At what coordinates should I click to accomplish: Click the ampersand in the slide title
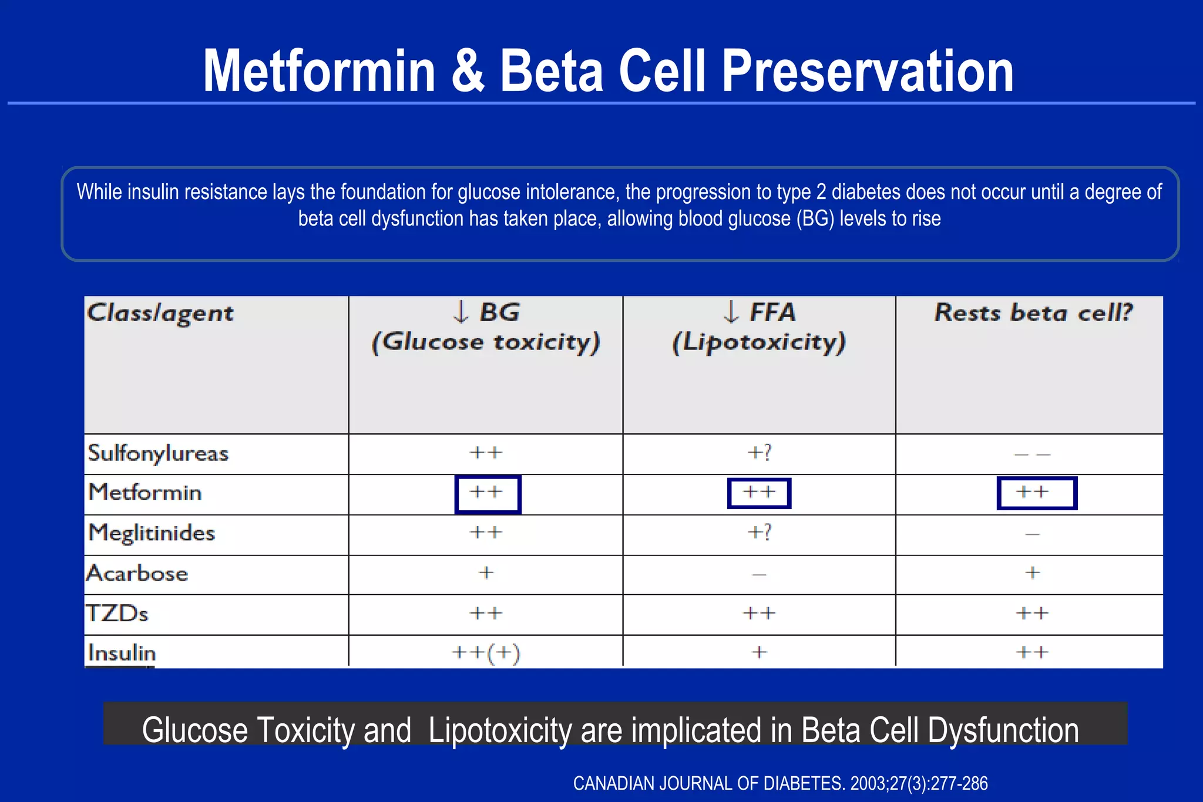468,72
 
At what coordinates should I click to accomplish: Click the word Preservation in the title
867,72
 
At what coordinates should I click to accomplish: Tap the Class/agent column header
160,314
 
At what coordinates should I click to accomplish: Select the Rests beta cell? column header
1033,312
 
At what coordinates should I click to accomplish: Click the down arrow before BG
461,312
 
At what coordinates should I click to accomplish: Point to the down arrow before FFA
731,312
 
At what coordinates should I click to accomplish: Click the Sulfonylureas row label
157,454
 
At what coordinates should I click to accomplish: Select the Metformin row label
145,493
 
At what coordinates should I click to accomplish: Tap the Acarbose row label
137,573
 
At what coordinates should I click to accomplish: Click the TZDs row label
117,614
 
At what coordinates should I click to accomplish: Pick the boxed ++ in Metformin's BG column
487,493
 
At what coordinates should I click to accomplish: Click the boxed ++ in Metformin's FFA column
759,493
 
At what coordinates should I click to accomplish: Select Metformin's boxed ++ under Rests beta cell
1036,493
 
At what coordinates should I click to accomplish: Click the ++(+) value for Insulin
486,653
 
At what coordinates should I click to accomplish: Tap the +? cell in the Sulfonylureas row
759,453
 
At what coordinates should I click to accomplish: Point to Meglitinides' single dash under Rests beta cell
1032,534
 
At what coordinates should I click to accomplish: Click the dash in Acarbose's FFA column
759,574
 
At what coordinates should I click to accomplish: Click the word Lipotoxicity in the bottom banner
501,730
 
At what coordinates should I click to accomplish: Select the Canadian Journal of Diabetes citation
780,783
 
